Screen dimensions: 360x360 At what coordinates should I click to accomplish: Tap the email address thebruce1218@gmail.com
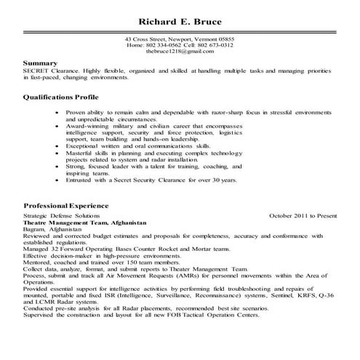pyautogui.click(x=179, y=52)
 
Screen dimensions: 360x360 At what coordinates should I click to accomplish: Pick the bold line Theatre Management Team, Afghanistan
pyautogui.click(x=85, y=223)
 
